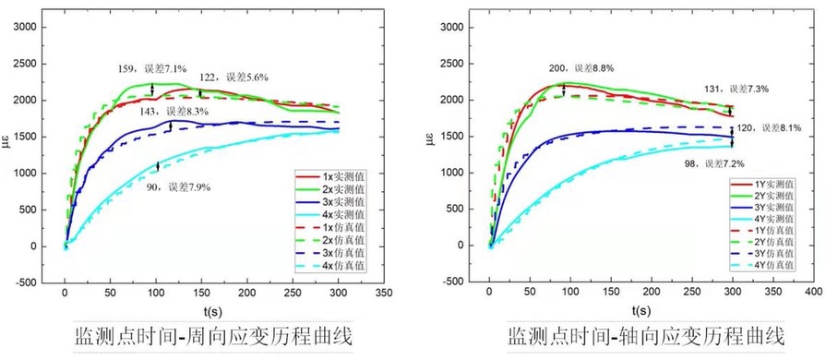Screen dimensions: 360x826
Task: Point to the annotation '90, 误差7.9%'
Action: tap(179, 187)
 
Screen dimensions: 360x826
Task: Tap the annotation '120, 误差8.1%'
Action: tap(771, 128)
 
